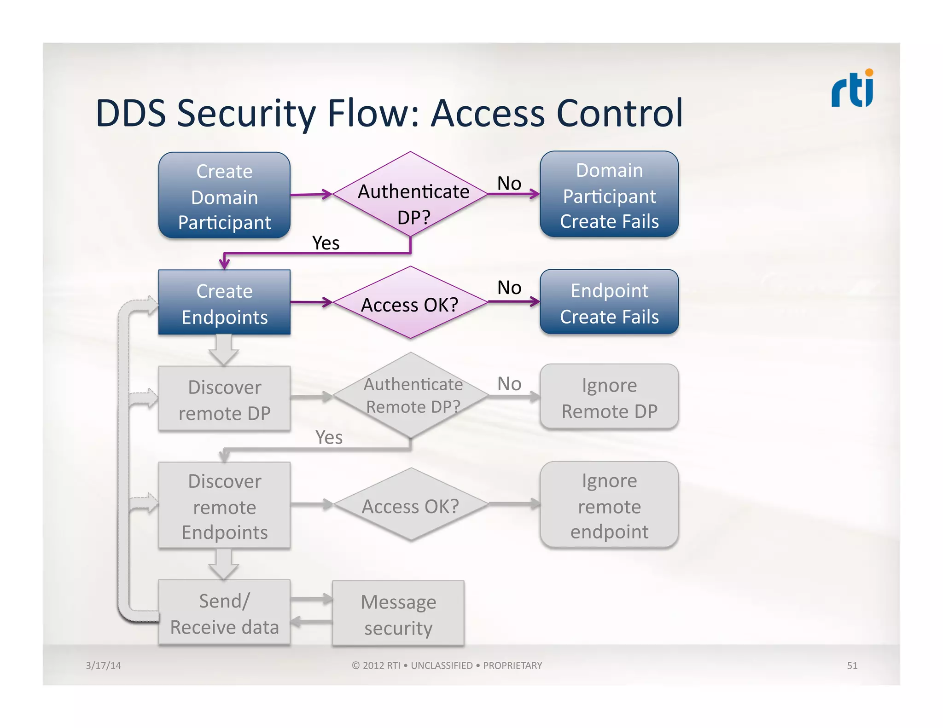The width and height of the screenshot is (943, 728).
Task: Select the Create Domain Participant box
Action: tap(224, 196)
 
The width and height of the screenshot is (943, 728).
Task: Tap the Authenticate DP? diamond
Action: tap(410, 195)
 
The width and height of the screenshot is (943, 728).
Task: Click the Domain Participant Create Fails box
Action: tap(609, 195)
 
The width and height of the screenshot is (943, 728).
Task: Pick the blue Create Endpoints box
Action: tap(224, 303)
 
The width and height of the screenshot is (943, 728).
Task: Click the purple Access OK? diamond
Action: tap(410, 303)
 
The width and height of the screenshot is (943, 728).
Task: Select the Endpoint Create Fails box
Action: tap(609, 303)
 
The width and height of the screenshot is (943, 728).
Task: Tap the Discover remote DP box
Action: tap(224, 399)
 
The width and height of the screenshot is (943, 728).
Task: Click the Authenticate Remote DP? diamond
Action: tap(411, 395)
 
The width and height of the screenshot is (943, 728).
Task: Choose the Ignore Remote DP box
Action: tap(609, 398)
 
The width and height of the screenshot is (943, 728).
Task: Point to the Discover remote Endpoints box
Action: tap(224, 506)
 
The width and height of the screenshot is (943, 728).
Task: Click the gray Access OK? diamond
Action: tap(411, 506)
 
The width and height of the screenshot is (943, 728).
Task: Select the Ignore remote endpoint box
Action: tap(609, 505)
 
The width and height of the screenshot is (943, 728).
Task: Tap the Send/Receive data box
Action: tap(224, 613)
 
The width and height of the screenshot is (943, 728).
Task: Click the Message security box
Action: tap(398, 614)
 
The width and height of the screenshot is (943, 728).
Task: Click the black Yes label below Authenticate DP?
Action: tap(326, 243)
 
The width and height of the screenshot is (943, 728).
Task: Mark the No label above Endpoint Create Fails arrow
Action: tap(509, 288)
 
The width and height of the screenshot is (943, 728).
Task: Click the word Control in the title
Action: tap(619, 113)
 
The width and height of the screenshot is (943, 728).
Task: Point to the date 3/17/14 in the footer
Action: tap(103, 665)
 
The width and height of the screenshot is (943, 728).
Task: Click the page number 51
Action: tap(852, 665)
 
